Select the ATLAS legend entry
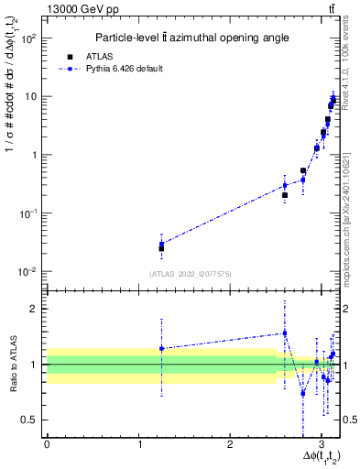124,56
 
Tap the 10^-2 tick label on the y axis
30,272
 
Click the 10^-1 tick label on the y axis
30,213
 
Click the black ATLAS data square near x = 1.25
161,248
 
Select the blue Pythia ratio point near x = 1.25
161,348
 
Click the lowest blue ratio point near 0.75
303,393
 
